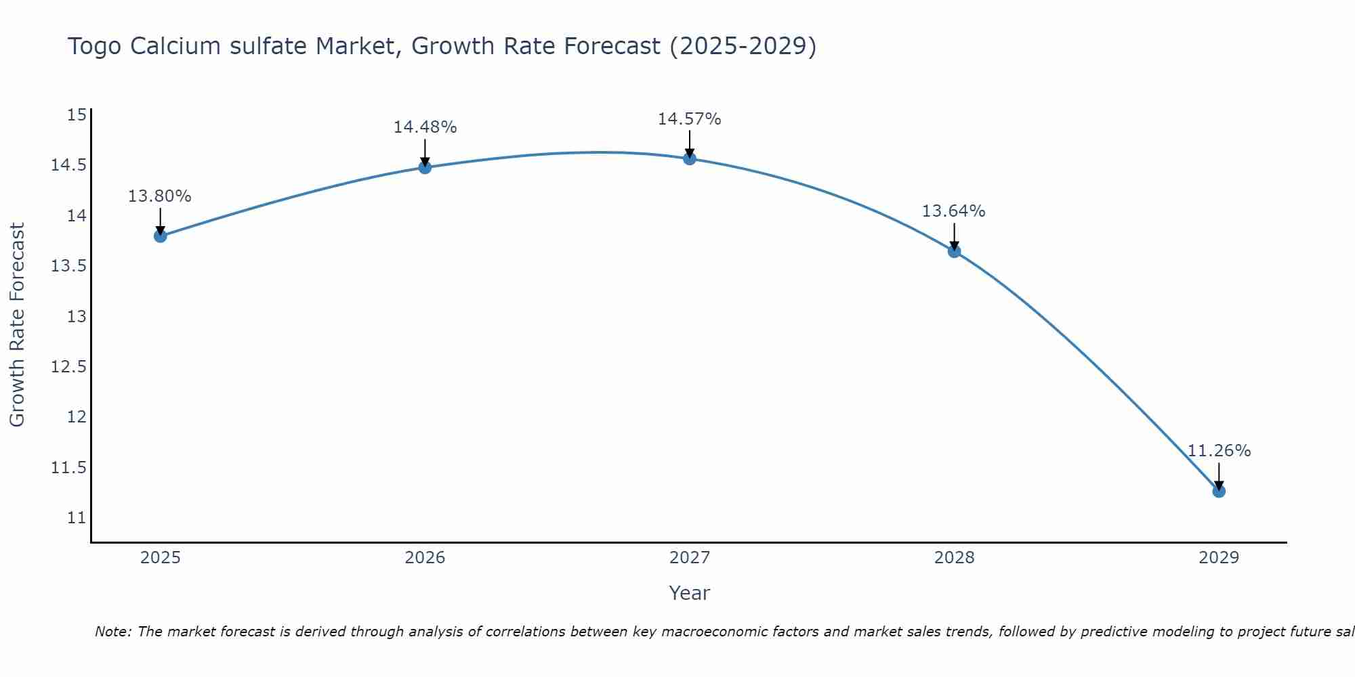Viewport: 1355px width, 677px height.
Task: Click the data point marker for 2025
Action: [161, 236]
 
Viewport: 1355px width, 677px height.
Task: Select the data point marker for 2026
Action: [425, 167]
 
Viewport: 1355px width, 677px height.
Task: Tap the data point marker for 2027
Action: [690, 158]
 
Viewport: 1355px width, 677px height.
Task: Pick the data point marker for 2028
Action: [954, 251]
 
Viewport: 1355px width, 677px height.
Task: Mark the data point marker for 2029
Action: [1219, 491]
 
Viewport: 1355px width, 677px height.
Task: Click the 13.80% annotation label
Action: [160, 196]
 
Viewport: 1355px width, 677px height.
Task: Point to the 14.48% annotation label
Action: [425, 127]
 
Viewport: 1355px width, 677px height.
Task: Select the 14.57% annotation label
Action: [690, 119]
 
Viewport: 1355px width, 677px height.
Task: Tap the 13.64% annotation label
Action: [953, 211]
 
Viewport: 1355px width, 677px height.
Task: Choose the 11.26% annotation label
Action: [1219, 451]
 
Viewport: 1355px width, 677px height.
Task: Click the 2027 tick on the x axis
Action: [690, 558]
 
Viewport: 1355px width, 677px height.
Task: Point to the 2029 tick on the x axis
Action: [1219, 558]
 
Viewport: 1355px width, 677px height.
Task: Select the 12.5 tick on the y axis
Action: [69, 367]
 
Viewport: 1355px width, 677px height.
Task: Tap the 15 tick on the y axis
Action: [77, 115]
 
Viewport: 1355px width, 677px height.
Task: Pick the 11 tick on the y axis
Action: [77, 518]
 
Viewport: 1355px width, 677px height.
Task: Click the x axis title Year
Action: [689, 593]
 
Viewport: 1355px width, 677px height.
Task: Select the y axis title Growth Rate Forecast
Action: [17, 325]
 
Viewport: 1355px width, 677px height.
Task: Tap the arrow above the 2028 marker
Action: [954, 236]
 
